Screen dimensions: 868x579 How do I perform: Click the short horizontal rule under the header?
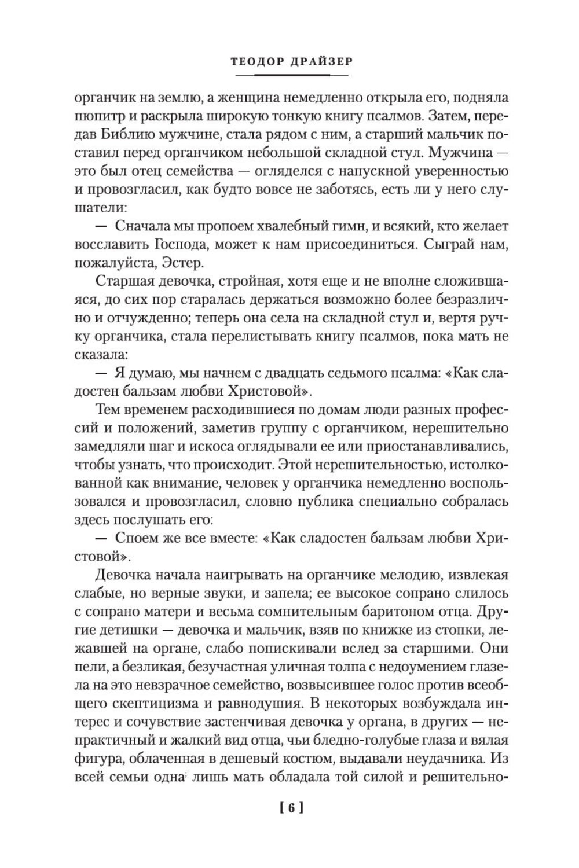point(289,75)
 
